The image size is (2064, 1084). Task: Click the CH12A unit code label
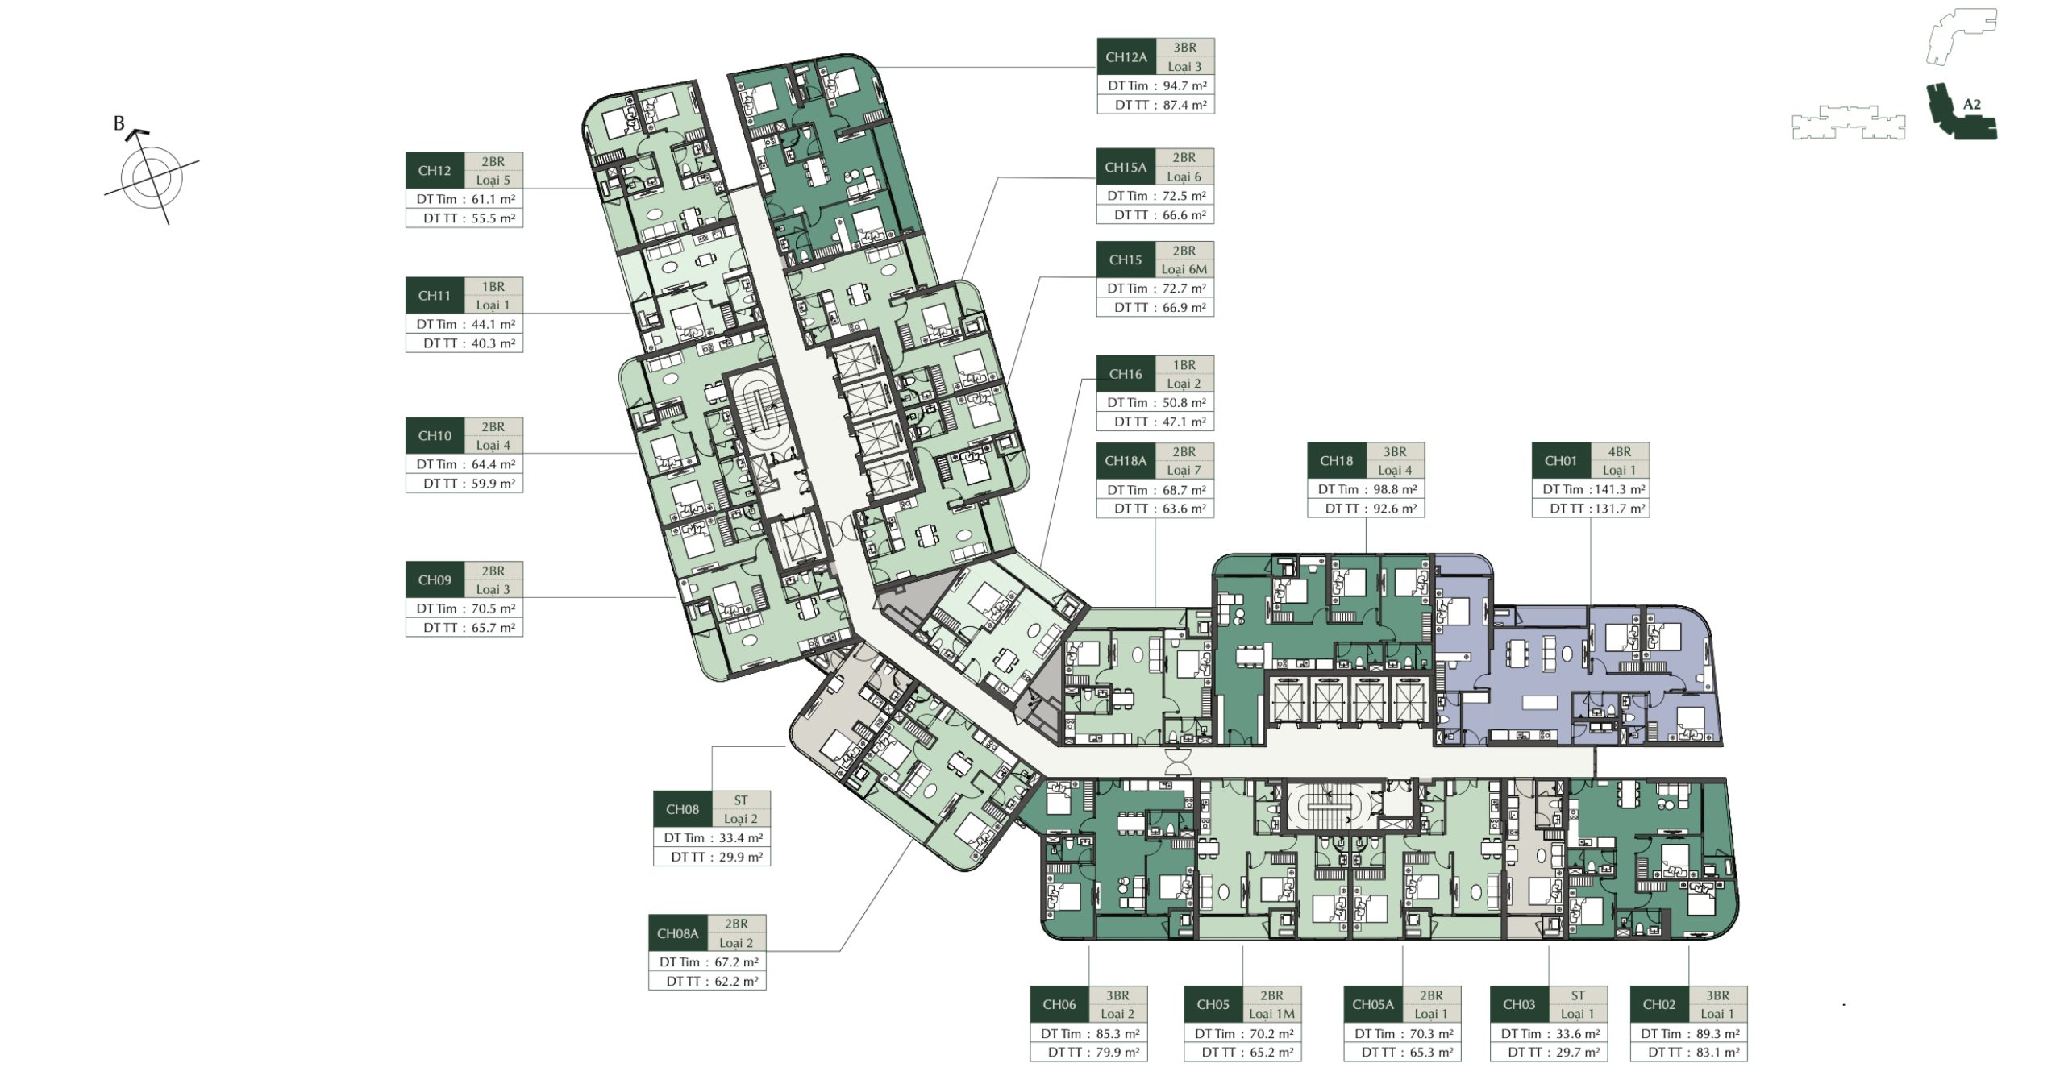(1126, 57)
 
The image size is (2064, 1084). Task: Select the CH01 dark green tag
(1560, 461)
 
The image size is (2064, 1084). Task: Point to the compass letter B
(119, 123)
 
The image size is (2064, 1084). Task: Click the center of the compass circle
(151, 177)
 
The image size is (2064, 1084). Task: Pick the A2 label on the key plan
(1971, 104)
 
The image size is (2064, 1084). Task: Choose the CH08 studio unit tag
(682, 809)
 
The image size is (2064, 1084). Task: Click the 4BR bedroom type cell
(1620, 452)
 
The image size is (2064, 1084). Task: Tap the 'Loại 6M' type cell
(1184, 269)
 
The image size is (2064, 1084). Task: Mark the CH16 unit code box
(1126, 374)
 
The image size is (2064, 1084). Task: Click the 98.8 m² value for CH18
(1394, 489)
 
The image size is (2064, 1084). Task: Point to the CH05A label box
(1373, 1004)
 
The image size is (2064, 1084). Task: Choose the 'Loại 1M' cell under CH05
(1271, 1014)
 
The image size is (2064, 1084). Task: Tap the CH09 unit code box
(435, 579)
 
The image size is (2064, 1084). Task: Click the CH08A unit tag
(677, 933)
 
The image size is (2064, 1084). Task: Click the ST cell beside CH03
(1578, 995)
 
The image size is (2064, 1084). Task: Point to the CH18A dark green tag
(1126, 461)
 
